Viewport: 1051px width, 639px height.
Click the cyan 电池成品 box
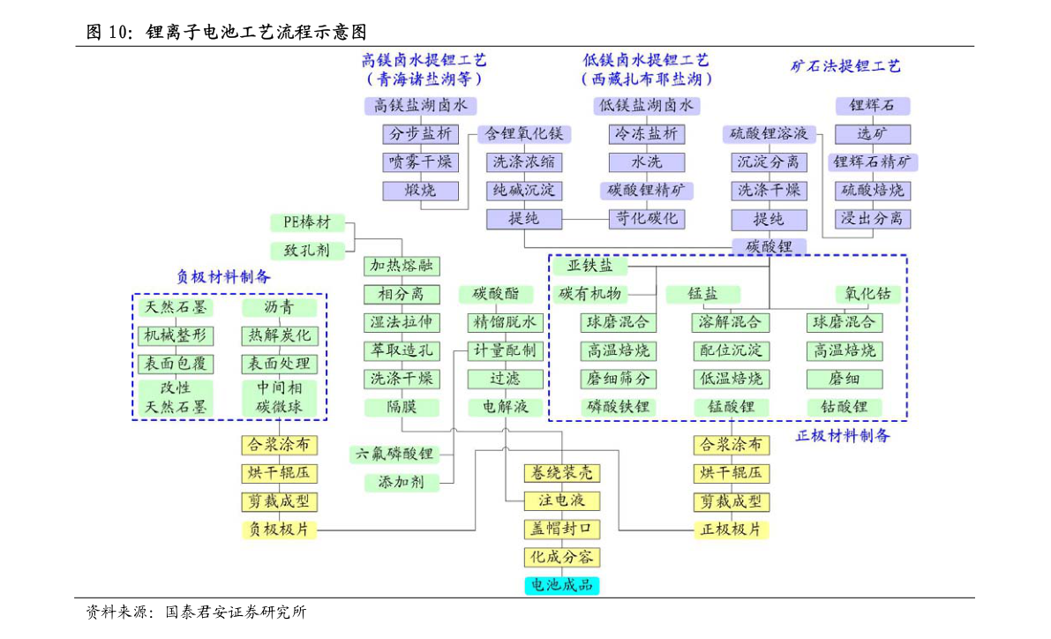coord(562,585)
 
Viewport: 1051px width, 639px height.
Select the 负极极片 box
coord(279,530)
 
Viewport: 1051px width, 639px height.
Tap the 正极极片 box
coord(732,530)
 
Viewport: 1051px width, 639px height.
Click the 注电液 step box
coord(562,501)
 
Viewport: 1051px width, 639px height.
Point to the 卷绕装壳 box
coord(562,473)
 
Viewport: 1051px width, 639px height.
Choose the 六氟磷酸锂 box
coord(394,454)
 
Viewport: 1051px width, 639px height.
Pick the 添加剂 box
coord(402,482)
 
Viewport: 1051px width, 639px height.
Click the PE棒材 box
coord(308,222)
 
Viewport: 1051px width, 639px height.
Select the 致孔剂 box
coord(308,251)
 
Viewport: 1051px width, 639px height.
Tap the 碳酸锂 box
coord(769,246)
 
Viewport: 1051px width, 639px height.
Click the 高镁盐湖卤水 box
coord(421,105)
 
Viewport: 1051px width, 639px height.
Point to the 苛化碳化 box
coord(647,219)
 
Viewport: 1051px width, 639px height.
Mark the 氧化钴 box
coord(868,294)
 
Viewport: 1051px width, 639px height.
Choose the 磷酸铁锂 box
coord(618,406)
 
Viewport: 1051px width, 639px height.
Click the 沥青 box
coord(279,307)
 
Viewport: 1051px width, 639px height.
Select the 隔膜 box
coord(402,406)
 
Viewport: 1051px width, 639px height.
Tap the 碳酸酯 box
coord(496,294)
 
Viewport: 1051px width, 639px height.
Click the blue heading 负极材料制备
coord(223,276)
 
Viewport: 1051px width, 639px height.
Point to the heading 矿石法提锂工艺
coord(846,65)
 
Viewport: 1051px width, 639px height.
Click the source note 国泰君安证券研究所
coord(236,612)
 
